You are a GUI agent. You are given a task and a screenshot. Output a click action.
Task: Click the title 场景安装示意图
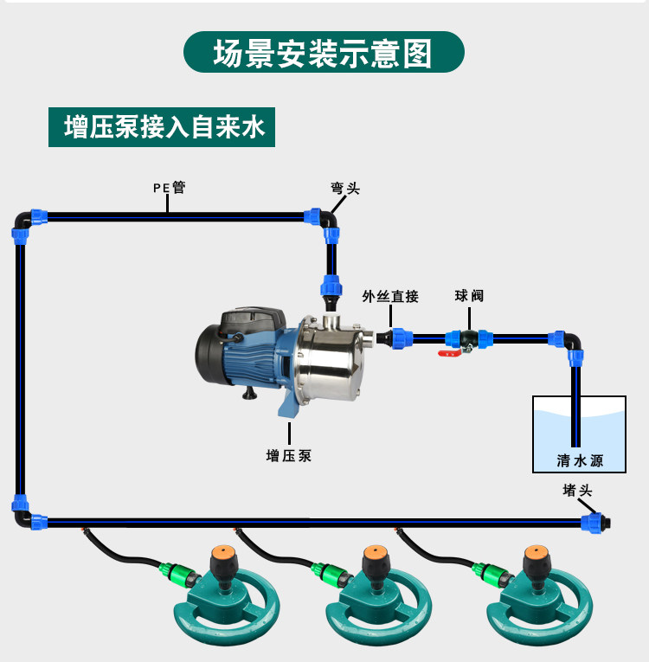[323, 53]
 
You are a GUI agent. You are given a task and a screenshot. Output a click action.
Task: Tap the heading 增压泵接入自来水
[164, 127]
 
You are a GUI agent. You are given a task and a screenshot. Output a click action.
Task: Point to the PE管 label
[169, 187]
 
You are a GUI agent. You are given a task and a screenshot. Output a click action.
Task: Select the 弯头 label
[345, 188]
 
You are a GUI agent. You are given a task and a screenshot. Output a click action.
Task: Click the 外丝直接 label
[390, 296]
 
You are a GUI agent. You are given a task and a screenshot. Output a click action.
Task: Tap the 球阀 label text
[469, 296]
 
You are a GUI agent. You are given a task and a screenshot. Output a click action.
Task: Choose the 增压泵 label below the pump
[289, 455]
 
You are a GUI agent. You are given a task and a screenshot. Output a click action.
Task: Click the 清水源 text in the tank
[580, 460]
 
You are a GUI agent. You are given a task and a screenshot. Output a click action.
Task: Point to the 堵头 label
[577, 490]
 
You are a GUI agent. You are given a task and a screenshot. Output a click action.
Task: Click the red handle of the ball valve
[449, 353]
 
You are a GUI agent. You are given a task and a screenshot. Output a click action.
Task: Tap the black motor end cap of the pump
[208, 354]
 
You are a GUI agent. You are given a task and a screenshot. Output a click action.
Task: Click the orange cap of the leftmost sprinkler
[223, 552]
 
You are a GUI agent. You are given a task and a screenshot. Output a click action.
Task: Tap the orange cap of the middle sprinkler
[375, 552]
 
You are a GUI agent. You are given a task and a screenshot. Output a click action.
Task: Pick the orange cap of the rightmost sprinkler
[537, 552]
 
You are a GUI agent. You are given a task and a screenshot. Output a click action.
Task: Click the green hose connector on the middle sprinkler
[331, 573]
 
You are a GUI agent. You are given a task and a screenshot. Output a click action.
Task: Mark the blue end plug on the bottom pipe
[595, 524]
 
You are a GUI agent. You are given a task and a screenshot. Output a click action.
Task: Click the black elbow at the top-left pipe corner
[21, 221]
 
